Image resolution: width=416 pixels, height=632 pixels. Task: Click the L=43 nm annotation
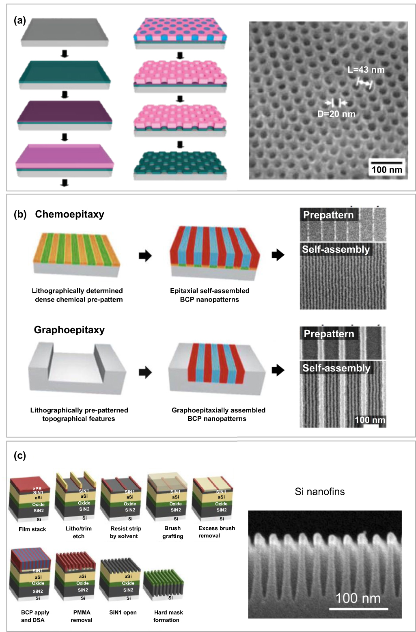tap(366, 70)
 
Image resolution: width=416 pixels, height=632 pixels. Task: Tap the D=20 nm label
tap(336, 114)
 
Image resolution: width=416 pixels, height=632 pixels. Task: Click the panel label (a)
tap(20, 20)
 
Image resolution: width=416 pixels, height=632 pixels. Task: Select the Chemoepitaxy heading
tap(69, 214)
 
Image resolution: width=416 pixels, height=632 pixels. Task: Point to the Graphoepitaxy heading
tap(69, 330)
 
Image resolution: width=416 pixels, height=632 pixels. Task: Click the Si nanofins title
tap(319, 492)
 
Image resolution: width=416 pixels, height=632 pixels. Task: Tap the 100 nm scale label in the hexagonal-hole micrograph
tap(386, 170)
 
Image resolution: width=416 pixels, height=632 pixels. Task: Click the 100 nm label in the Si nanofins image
tap(358, 598)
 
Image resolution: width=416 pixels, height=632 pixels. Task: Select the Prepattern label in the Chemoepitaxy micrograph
tap(328, 215)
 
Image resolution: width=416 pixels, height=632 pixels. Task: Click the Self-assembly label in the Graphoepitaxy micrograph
tap(336, 368)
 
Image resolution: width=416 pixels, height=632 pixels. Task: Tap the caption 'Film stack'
tap(32, 529)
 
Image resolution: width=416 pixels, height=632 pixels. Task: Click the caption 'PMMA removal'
tap(82, 616)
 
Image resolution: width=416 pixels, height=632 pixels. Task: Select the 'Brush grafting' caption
tap(173, 532)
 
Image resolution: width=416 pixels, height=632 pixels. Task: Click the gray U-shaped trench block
tap(77, 369)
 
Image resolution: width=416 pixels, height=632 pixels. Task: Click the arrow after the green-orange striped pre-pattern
tap(145, 256)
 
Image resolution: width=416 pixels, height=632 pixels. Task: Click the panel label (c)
tap(20, 455)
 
